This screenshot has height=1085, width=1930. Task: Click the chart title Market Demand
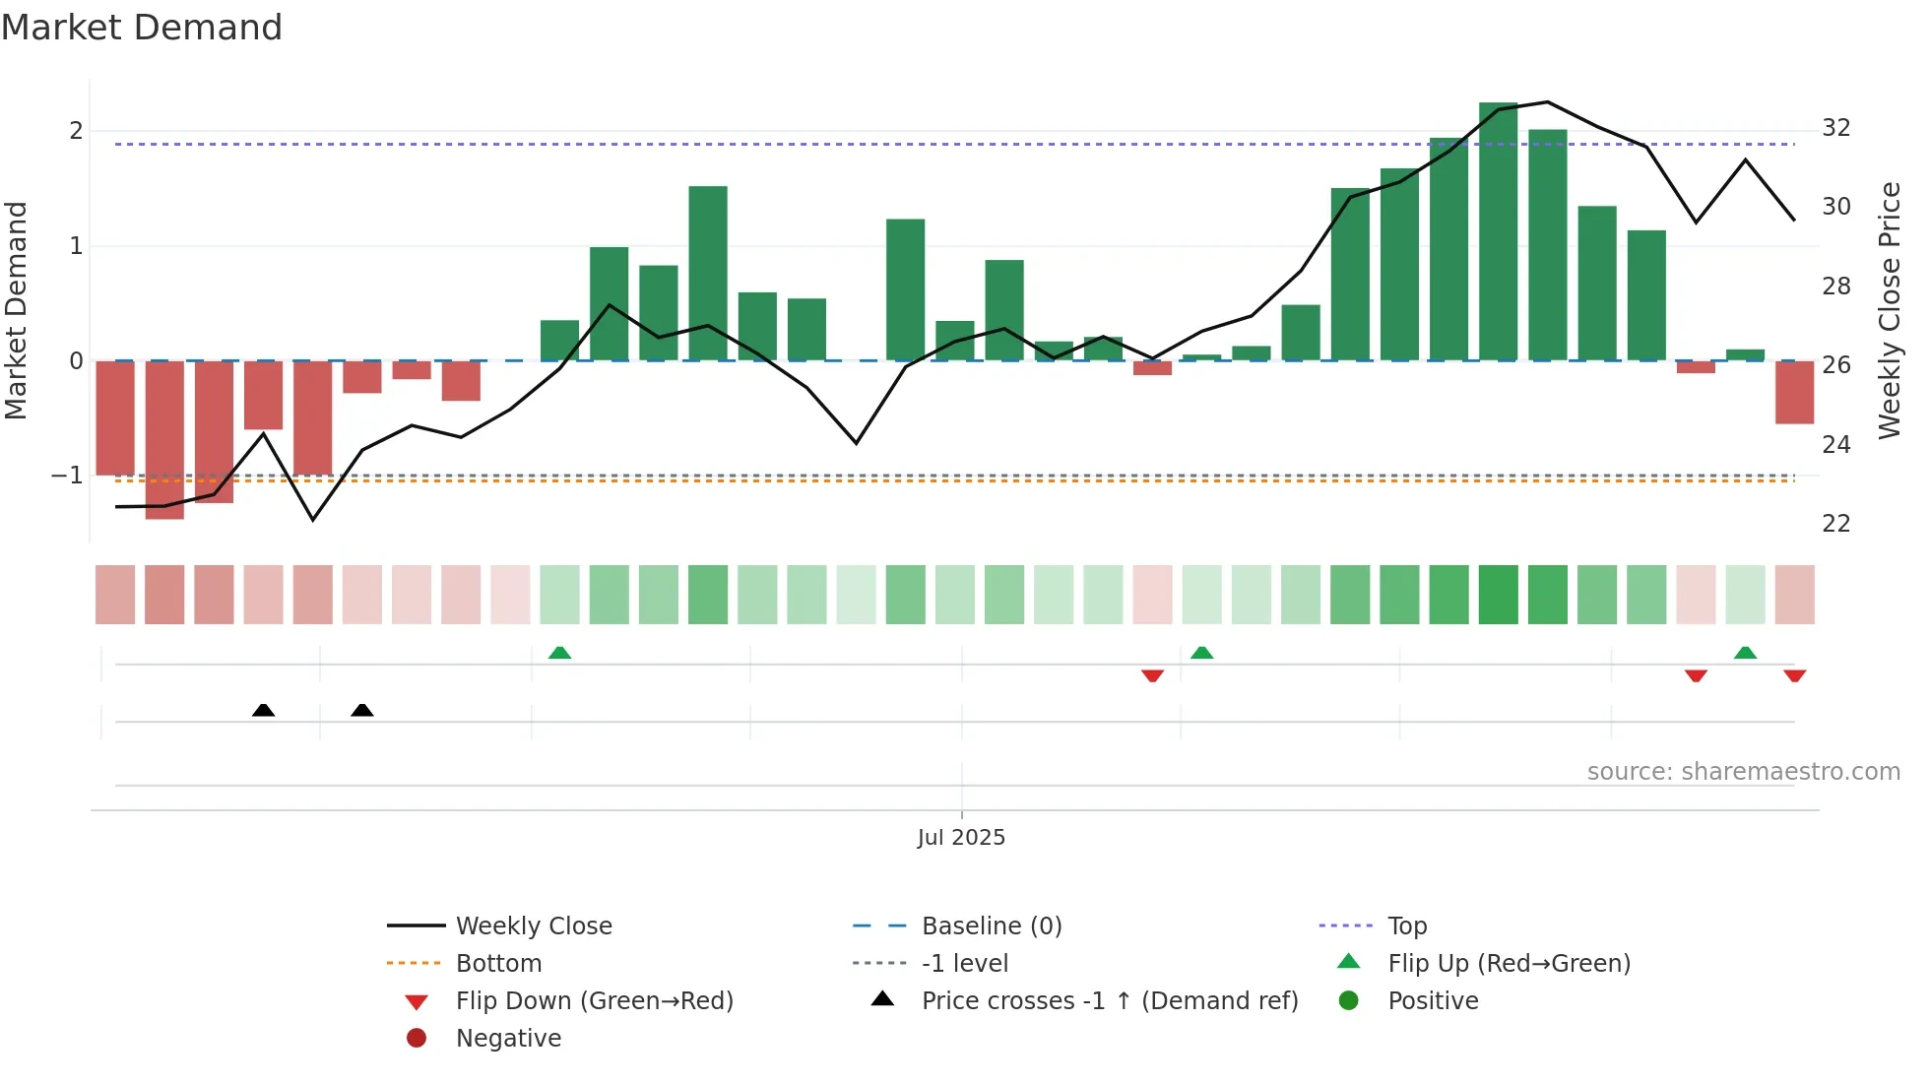click(x=142, y=28)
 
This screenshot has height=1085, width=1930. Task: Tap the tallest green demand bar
click(x=1498, y=231)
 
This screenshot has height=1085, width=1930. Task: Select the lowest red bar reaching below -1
click(x=164, y=439)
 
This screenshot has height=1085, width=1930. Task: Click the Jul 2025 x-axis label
click(x=961, y=838)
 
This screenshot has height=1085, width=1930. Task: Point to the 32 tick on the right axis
click(x=1835, y=128)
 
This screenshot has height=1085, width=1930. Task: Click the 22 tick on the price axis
click(x=1835, y=524)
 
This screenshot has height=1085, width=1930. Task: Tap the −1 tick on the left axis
click(x=67, y=476)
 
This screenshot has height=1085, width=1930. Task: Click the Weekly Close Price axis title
click(x=1889, y=310)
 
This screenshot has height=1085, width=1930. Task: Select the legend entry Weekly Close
click(x=533, y=926)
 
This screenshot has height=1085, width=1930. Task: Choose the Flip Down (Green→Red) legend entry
click(x=594, y=1001)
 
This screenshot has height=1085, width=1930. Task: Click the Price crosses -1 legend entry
click(x=1109, y=1001)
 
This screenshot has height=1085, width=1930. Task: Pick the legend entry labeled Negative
click(x=508, y=1039)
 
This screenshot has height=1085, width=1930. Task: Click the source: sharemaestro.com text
click(x=1743, y=772)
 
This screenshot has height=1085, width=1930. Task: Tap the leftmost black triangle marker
click(x=263, y=710)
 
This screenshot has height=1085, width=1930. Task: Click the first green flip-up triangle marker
click(x=559, y=653)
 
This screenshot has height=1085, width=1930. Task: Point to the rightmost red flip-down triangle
click(x=1794, y=675)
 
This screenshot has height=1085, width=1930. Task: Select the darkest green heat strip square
click(x=1498, y=595)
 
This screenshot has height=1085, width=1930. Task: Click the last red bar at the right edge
click(x=1794, y=392)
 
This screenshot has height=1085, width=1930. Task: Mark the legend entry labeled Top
click(x=1406, y=926)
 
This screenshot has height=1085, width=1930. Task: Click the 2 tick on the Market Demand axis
click(x=76, y=131)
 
